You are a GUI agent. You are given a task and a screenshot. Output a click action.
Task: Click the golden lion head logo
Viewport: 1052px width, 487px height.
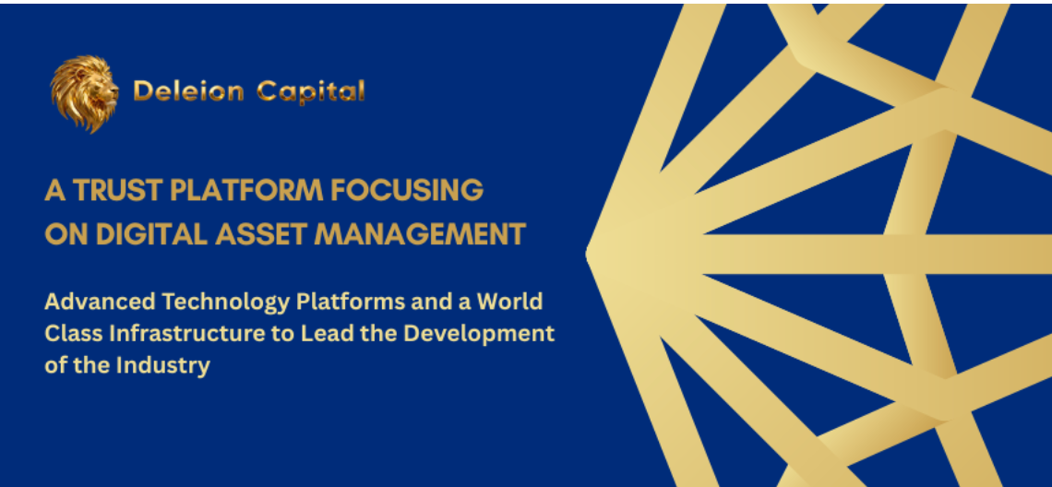[84, 93]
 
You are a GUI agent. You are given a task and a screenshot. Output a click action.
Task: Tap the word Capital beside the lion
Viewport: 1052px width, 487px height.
[311, 91]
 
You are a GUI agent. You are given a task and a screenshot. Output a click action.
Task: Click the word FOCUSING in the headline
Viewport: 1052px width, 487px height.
[407, 191]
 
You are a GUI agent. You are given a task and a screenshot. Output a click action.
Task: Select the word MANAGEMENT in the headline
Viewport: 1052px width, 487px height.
[420, 235]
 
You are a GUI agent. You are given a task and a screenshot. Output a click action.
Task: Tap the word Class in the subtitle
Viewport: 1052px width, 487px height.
[66, 334]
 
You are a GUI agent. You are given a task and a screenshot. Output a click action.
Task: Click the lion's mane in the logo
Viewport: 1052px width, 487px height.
[73, 95]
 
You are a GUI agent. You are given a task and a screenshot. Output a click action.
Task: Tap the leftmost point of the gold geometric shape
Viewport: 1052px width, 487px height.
[586, 254]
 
